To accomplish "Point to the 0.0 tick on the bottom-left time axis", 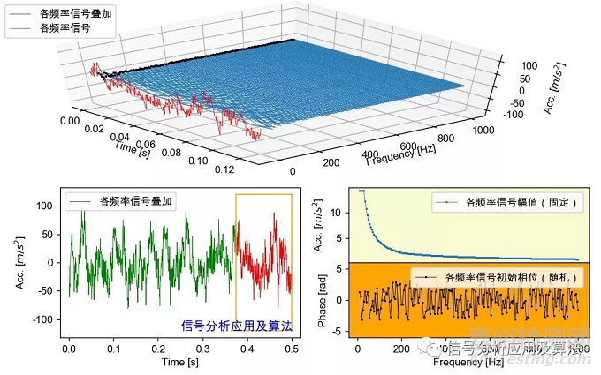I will pos(69,349).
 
